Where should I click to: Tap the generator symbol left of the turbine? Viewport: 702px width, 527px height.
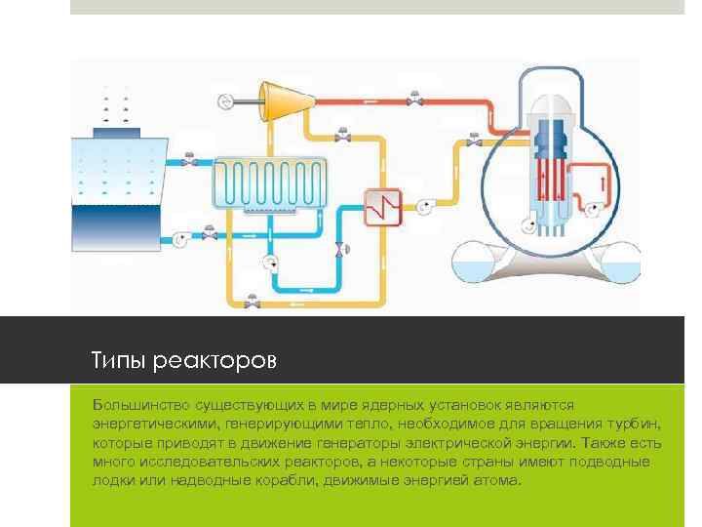225,99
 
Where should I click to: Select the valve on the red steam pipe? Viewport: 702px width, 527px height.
415,98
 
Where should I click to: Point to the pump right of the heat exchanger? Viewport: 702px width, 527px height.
426,206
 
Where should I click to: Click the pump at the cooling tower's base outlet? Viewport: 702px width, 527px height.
180,237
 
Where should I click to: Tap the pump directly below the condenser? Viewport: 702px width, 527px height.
270,262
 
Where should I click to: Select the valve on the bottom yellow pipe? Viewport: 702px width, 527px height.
252,303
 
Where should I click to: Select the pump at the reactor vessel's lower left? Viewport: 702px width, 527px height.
527,225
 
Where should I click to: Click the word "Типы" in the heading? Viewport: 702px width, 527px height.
116,361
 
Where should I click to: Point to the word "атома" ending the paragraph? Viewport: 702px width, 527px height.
499,481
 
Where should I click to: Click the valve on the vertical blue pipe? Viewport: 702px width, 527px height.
338,250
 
